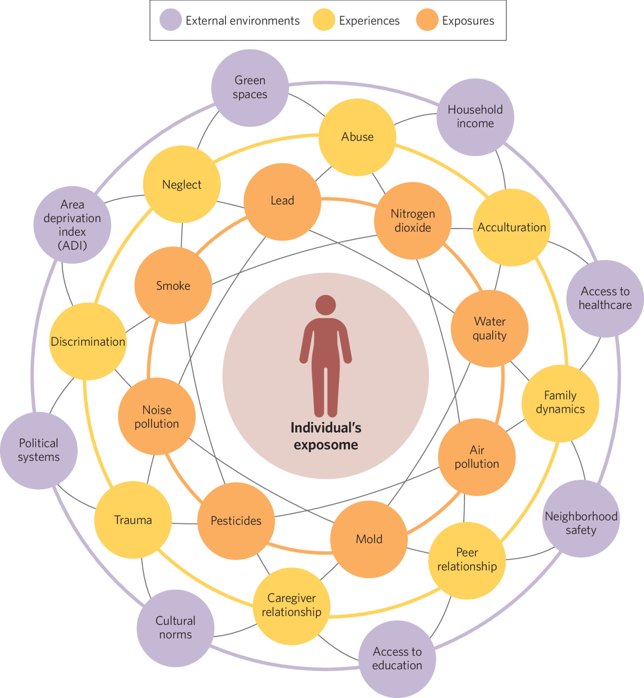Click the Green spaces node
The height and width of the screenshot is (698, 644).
[x=250, y=88]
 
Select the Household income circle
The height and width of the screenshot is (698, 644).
[x=475, y=117]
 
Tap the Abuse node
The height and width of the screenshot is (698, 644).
[x=357, y=137]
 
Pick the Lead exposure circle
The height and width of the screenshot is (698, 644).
[x=282, y=201]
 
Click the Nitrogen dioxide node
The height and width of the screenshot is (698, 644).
[x=412, y=221]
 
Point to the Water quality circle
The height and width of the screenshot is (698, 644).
[x=489, y=328]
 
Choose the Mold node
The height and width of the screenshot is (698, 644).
[x=369, y=539]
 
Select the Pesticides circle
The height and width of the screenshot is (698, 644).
[x=236, y=521]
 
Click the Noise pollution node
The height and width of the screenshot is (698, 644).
[x=157, y=416]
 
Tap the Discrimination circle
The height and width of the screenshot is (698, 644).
[x=88, y=341]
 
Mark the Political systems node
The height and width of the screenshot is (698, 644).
[x=39, y=450]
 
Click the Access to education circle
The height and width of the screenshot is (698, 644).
[x=397, y=659]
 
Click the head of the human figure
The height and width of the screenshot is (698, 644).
[x=325, y=305]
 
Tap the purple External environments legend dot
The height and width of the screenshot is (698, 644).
[x=170, y=20]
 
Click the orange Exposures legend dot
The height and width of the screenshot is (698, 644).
[x=427, y=20]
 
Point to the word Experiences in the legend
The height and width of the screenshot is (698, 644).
[x=369, y=21]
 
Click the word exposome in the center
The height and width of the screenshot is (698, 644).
[x=326, y=445]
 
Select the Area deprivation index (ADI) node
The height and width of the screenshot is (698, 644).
[x=72, y=225]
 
